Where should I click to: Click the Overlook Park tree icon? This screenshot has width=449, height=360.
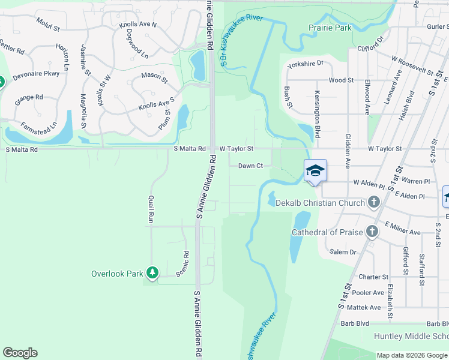tap(152, 274)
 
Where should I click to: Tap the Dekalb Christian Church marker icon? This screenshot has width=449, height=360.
tap(375, 202)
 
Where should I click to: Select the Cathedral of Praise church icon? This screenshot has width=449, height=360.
tap(372, 232)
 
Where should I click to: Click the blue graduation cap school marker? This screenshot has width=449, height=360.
tap(316, 172)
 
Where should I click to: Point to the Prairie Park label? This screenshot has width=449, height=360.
tap(330, 28)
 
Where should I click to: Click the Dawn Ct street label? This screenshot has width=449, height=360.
tap(250, 166)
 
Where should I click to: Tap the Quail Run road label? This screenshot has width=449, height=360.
tap(149, 209)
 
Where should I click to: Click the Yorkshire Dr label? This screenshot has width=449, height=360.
tap(305, 63)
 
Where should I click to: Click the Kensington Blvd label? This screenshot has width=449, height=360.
tap(316, 113)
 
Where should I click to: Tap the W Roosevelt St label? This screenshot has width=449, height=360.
tap(412, 65)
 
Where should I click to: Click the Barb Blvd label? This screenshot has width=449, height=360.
tap(426, 323)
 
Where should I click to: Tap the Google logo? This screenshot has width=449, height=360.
tap(20, 353)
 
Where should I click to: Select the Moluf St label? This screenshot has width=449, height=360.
tap(47, 28)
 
